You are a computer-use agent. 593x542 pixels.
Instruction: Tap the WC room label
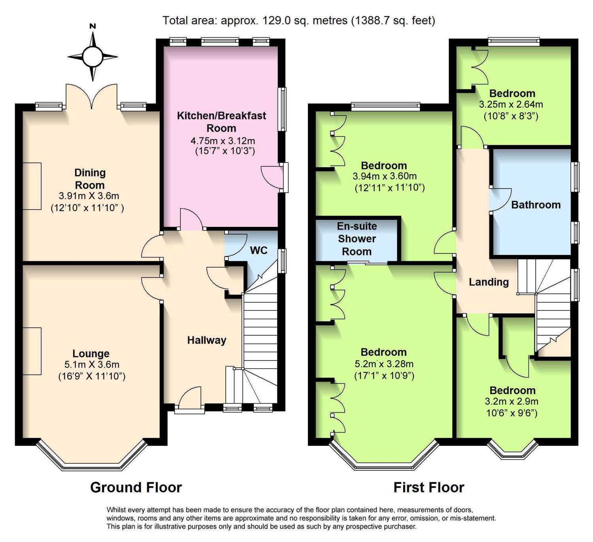pyautogui.click(x=259, y=251)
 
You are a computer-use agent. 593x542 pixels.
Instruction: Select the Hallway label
pyautogui.click(x=207, y=340)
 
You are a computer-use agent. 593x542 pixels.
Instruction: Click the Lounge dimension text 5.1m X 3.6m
pyautogui.click(x=92, y=364)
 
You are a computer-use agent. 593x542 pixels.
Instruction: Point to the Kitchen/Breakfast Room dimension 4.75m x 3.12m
pyautogui.click(x=223, y=140)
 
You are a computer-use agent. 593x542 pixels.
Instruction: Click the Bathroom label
pyautogui.click(x=536, y=205)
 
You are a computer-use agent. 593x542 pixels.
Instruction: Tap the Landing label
pyautogui.click(x=489, y=282)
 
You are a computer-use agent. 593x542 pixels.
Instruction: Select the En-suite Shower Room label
pyautogui.click(x=357, y=239)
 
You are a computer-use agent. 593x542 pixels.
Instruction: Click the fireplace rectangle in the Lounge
pyautogui.click(x=32, y=351)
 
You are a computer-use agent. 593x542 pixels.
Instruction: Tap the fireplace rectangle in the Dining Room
pyautogui.click(x=32, y=186)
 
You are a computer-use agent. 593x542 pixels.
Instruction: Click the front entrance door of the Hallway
pyautogui.click(x=190, y=399)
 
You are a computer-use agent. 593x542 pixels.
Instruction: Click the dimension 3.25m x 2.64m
pyautogui.click(x=511, y=104)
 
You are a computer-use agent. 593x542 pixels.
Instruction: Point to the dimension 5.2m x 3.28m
pyautogui.click(x=384, y=364)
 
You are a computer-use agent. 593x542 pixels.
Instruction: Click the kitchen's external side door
pyautogui.click(x=275, y=178)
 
